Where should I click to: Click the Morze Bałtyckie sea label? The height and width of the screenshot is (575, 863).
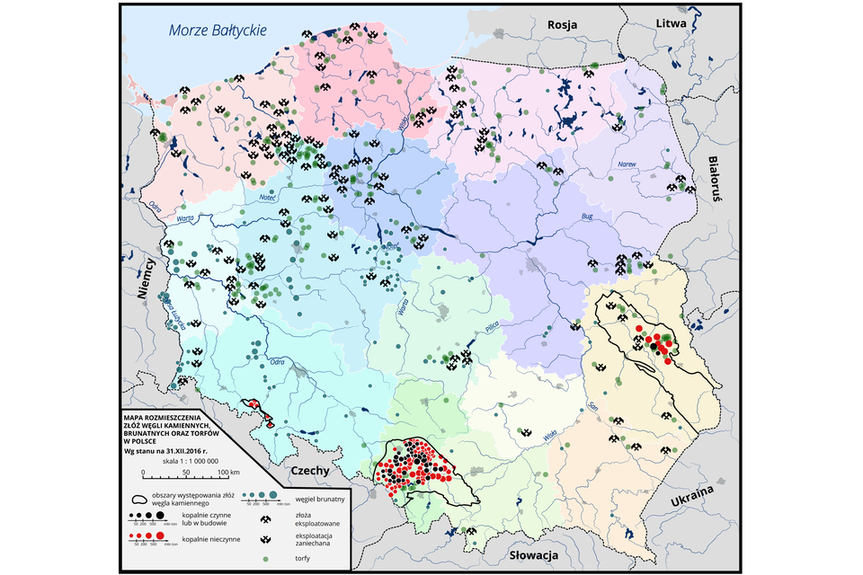218,31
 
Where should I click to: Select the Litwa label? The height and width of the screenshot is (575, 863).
672,22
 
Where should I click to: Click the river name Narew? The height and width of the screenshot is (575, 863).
627,164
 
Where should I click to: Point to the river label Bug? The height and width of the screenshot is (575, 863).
588,217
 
